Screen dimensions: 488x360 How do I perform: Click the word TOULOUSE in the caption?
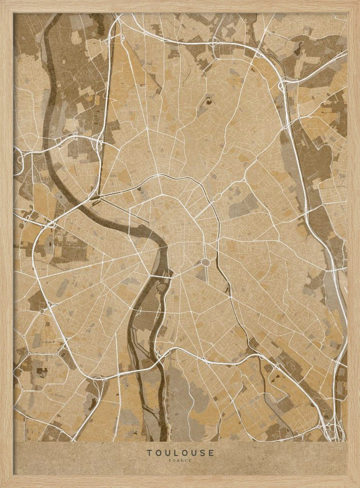point(180,453)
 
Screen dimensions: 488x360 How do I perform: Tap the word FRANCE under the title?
point(180,460)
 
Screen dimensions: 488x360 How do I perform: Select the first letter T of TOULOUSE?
point(149,453)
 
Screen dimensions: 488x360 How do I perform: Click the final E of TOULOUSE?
point(211,453)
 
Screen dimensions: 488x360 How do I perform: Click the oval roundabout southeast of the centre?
point(206,263)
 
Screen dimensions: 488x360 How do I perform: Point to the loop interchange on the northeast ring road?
point(282,86)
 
